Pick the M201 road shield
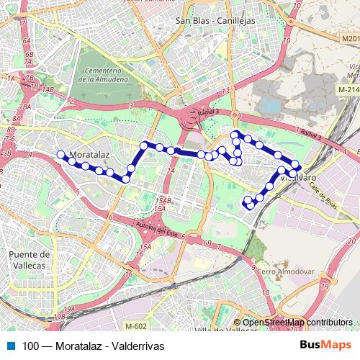coord(351,37)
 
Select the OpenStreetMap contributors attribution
coord(297,323)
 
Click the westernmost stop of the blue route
coord(60,153)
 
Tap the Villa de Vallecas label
coord(223,330)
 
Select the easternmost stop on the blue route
coord(295,167)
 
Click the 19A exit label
coord(68,308)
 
